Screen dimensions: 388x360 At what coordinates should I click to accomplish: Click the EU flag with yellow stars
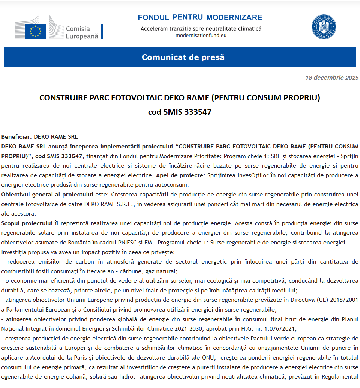pyautogui.click(x=35, y=31)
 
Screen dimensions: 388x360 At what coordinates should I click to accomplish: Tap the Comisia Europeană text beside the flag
pyautogui.click(x=82, y=33)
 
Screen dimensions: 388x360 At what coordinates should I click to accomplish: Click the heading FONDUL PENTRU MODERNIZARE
pyautogui.click(x=200, y=18)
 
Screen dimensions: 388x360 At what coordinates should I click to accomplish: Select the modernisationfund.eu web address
pyautogui.click(x=201, y=36)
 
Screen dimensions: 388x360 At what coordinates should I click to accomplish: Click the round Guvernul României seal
pyautogui.click(x=324, y=27)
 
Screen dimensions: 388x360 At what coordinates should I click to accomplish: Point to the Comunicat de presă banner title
pyautogui.click(x=183, y=57)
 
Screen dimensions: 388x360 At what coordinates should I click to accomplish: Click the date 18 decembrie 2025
pyautogui.click(x=331, y=78)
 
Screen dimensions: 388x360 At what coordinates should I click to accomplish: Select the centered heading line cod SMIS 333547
pyautogui.click(x=180, y=112)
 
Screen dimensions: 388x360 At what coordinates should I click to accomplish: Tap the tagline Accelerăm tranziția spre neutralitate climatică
pyautogui.click(x=201, y=28)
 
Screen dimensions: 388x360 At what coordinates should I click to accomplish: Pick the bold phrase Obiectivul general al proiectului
pyautogui.click(x=47, y=194)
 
